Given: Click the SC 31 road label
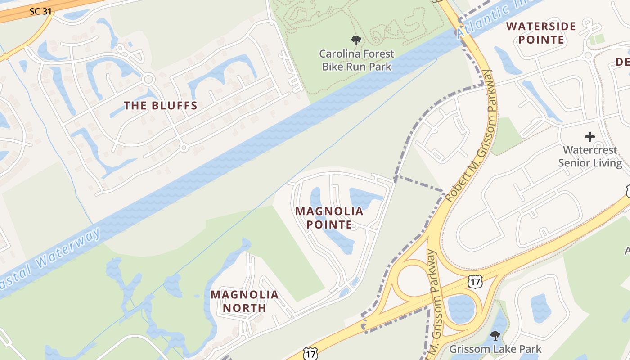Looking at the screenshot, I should point(41,11).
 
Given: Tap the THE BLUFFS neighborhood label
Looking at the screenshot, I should point(161,106).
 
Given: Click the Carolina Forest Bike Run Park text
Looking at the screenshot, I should point(356,60).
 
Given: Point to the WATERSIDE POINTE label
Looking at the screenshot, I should point(541,33).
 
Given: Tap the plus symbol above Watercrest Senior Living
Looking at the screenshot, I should point(589,137).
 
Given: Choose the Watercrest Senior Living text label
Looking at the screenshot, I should point(590,156).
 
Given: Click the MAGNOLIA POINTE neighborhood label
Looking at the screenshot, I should point(329,217).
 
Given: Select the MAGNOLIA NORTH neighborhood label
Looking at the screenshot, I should point(244,301).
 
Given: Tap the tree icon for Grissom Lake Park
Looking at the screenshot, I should point(495,336).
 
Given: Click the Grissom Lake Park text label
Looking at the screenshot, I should point(495,349).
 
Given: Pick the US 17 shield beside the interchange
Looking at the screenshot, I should point(475,282).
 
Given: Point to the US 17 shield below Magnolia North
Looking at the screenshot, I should point(310,354).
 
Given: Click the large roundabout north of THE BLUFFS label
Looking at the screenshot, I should point(148,80).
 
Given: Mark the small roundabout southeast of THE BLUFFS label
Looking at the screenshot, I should point(183,147).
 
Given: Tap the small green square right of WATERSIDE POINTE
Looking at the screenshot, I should point(597,40).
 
